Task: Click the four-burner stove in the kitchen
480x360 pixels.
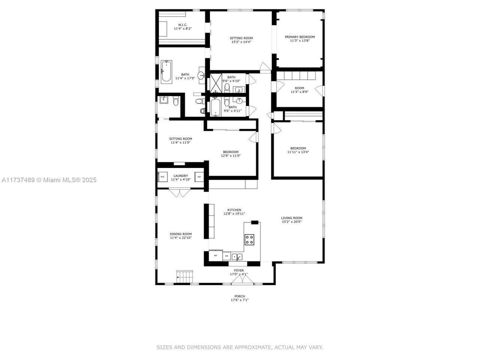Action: [249, 239]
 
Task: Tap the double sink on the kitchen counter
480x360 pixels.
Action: [237, 256]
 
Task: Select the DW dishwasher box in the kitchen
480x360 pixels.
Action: [226, 256]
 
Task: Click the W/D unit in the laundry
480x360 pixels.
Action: [162, 177]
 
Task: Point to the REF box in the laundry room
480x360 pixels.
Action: [199, 177]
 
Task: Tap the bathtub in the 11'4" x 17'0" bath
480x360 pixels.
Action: [166, 72]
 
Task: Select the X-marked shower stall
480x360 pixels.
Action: [216, 83]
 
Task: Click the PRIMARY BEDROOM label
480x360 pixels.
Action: [300, 37]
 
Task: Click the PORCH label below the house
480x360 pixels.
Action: [240, 296]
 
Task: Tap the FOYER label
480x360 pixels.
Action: [239, 270]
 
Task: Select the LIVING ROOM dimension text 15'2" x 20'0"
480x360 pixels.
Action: [292, 222]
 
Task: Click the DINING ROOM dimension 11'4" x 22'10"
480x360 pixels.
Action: [181, 238]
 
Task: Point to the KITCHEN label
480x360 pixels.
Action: [234, 210]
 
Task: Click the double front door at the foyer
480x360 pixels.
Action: [239, 280]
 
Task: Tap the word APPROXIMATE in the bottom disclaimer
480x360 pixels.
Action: [252, 347]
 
